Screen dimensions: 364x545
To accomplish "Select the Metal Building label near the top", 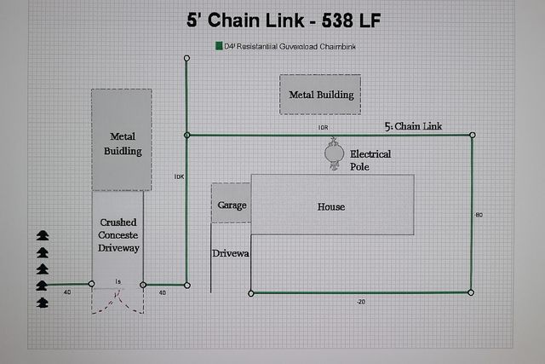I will coord(321,94).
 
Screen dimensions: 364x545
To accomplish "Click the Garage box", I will coord(231,205).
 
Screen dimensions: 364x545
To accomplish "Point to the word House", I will coord(331,206).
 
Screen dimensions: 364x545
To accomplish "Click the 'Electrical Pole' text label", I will coord(370,159).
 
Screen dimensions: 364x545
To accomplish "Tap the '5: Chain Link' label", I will coord(413,126).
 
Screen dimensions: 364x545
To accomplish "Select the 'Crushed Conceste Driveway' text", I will coord(118,234).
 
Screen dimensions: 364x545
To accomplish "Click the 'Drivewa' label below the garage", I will coord(231,253).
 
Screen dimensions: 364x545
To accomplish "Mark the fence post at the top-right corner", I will coord(472,135).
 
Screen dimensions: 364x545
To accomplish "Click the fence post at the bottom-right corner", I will coord(471,292).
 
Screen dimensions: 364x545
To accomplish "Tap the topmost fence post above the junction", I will coord(187,58).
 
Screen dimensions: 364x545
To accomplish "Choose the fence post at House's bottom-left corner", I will coord(250,293).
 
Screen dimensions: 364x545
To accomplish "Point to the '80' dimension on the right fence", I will coord(479,215).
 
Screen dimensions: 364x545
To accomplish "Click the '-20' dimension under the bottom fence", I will coord(361,302).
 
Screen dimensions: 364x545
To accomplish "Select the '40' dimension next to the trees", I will coord(67,292).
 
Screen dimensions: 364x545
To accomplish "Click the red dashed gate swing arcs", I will coord(118,300).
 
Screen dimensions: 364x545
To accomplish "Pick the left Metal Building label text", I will coord(123,143).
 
